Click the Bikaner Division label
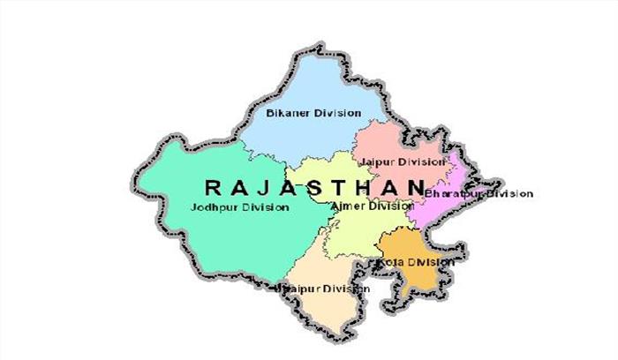click(301, 113)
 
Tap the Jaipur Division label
click(401, 162)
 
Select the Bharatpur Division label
click(479, 193)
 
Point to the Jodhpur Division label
click(239, 207)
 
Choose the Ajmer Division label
click(371, 206)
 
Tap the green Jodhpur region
click(203, 238)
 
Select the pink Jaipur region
click(388, 141)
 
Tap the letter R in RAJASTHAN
click(212, 187)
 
